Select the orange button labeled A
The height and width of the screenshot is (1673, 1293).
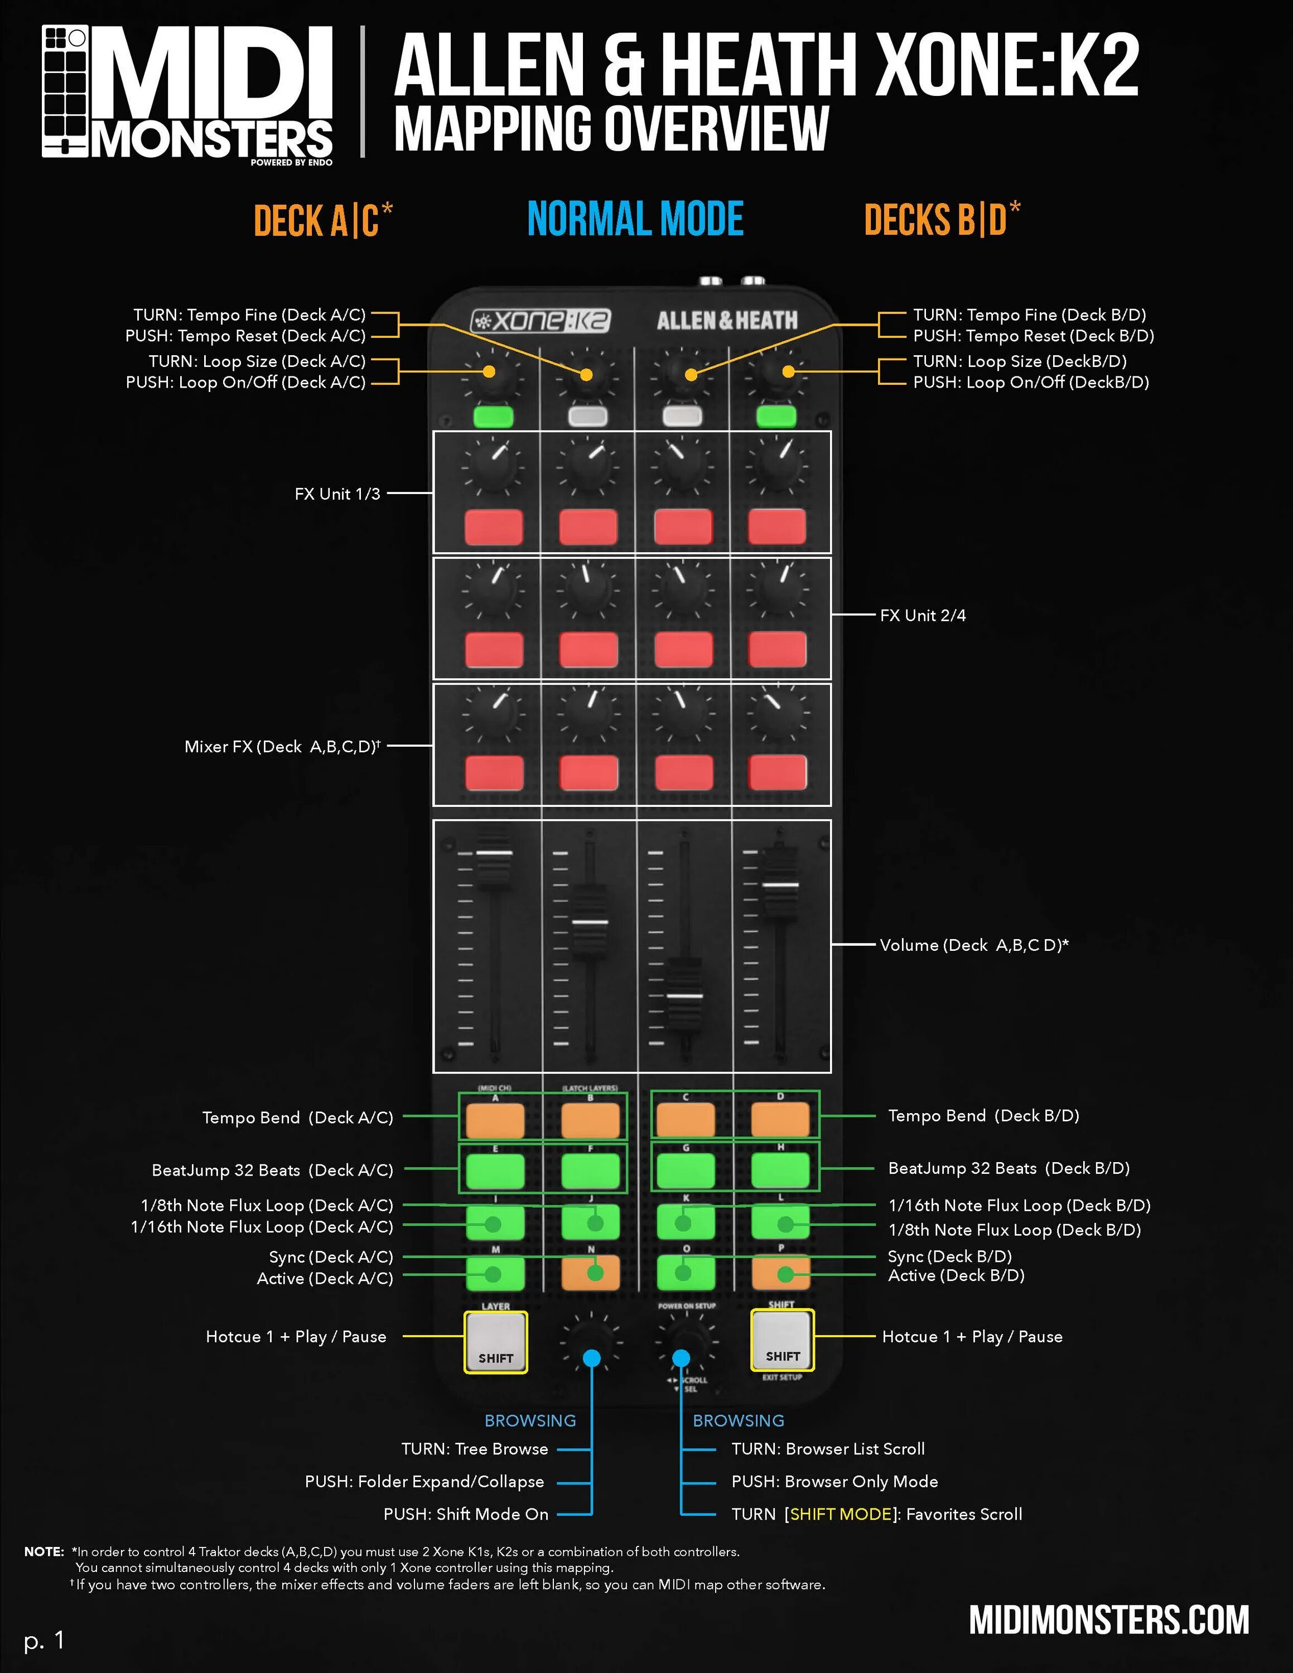[x=495, y=1120]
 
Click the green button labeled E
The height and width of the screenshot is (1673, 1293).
[x=495, y=1171]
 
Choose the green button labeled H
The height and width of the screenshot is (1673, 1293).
[x=780, y=1170]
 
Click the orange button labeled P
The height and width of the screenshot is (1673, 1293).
[x=780, y=1273]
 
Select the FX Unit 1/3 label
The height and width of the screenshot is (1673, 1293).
[x=337, y=494]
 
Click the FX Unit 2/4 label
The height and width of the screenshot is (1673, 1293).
[x=922, y=615]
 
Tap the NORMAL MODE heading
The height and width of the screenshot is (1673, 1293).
[x=635, y=219]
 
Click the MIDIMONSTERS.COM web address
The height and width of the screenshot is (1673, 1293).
[x=1108, y=1619]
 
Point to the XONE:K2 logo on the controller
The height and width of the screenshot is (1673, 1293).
[x=540, y=320]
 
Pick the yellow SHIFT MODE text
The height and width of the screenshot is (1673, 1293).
[x=840, y=1514]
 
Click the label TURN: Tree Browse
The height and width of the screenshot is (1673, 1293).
[x=475, y=1449]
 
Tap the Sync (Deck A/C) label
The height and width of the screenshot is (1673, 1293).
[x=330, y=1257]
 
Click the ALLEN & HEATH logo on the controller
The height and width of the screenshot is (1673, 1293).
[x=727, y=320]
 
